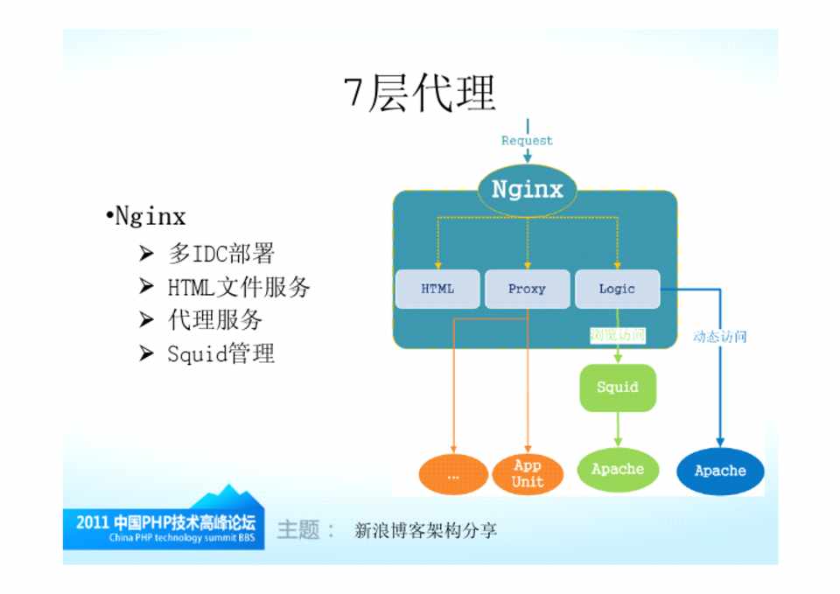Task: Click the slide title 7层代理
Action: tap(420, 92)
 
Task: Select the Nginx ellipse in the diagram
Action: tap(527, 189)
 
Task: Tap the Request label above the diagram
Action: tap(527, 140)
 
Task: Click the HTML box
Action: tap(437, 289)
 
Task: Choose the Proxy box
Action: tap(527, 289)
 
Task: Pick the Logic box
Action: tap(617, 289)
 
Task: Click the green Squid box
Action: tap(618, 387)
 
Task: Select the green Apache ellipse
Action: tap(618, 470)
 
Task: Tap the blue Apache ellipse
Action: tap(720, 471)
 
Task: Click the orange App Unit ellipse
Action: tap(528, 474)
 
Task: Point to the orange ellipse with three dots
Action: tap(453, 476)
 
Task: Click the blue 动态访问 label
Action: tap(719, 336)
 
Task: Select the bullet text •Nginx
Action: tap(145, 216)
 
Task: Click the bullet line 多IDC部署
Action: tap(221, 254)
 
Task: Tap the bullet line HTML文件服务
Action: tap(238, 287)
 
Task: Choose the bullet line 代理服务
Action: tap(215, 320)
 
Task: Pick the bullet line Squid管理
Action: tap(220, 353)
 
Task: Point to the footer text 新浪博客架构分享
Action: tap(425, 530)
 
